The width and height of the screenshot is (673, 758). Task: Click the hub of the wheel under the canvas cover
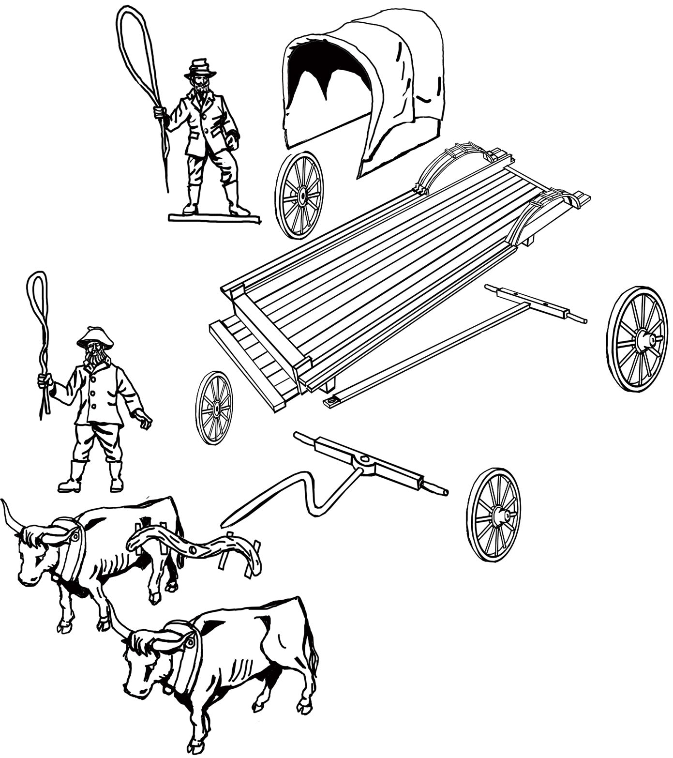pos(302,196)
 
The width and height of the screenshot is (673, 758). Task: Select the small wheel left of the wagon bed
pos(214,408)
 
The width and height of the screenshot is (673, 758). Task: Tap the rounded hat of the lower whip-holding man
pos(95,336)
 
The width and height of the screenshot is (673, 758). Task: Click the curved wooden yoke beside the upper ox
pos(194,547)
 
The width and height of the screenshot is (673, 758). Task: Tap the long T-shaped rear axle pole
pos(435,349)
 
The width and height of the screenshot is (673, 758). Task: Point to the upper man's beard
pos(200,87)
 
